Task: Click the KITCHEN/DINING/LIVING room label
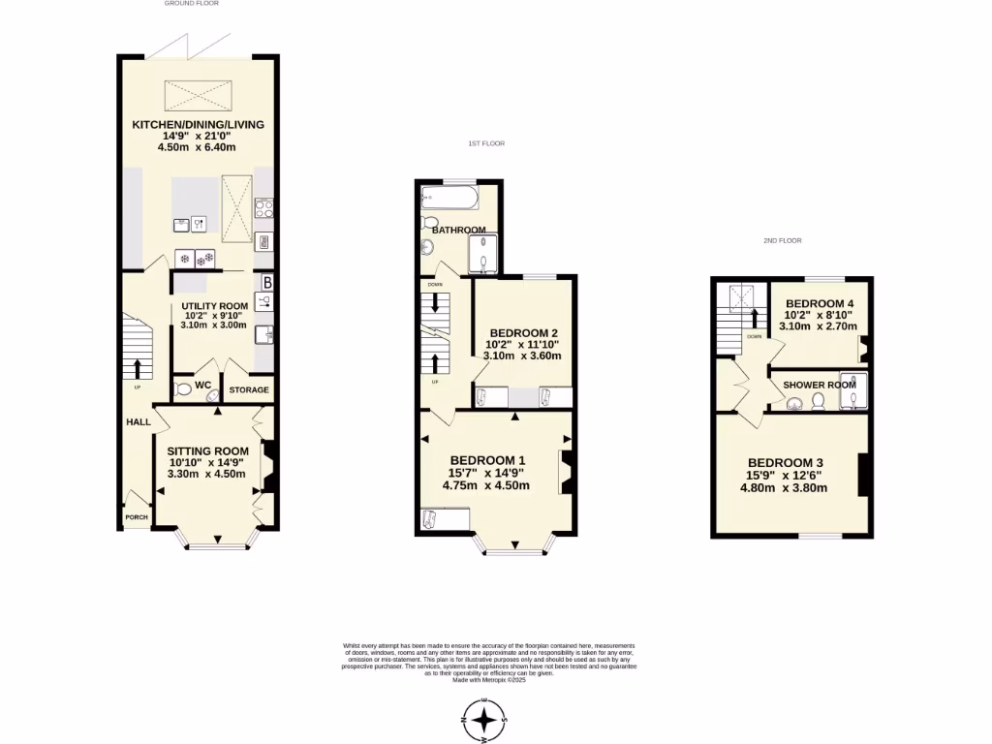pos(199,125)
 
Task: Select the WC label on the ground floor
pos(203,386)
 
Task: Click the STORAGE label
pos(248,390)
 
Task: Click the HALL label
pos(138,422)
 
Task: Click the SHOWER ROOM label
pos(820,385)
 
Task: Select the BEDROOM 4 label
pos(820,302)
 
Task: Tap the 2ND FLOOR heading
pos(782,240)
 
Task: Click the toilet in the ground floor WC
pos(182,389)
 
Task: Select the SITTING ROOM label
pos(208,450)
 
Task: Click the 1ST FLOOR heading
pos(485,143)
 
